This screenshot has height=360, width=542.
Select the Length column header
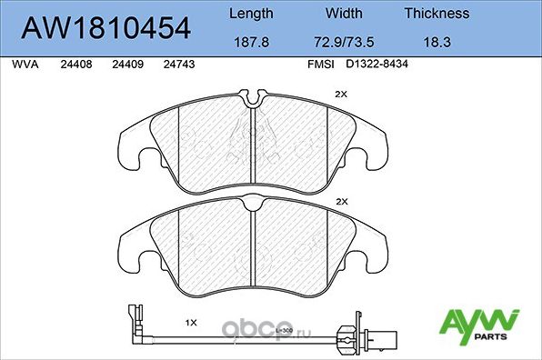tap(250, 14)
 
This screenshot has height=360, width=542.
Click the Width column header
tap(345, 14)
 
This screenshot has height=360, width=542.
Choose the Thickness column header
tap(437, 14)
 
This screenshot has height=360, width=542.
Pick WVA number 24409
tap(126, 65)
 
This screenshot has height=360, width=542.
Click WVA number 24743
tap(178, 65)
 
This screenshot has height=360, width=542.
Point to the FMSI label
tap(320, 65)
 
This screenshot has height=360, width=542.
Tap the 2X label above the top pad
tap(342, 94)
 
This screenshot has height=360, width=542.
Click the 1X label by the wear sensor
tap(191, 323)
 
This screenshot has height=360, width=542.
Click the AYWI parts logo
tap(480, 323)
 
